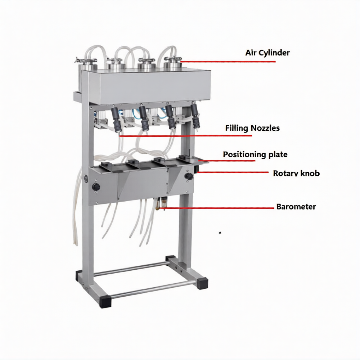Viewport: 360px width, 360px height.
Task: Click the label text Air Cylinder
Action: pyautogui.click(x=267, y=53)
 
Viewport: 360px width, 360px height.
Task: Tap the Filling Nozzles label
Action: pyautogui.click(x=252, y=128)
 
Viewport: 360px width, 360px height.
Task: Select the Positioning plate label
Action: pyautogui.click(x=255, y=154)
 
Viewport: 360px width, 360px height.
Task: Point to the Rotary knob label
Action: pyautogui.click(x=296, y=173)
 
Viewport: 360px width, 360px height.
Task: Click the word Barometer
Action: pyautogui.click(x=296, y=207)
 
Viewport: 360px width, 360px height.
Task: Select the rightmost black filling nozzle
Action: pyautogui.click(x=195, y=116)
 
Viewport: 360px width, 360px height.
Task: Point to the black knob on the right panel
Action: pyautogui.click(x=189, y=176)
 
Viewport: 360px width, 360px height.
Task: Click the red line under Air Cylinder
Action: pyautogui.click(x=228, y=62)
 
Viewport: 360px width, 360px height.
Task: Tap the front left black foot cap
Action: pyautogui.click(x=105, y=302)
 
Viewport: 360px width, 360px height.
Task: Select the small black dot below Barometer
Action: pyautogui.click(x=220, y=233)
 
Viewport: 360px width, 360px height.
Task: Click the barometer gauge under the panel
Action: pyautogui.click(x=164, y=203)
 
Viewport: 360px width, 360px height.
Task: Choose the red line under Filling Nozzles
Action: pyautogui.click(x=186, y=136)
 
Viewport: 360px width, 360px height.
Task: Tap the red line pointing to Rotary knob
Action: pyautogui.click(x=232, y=172)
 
